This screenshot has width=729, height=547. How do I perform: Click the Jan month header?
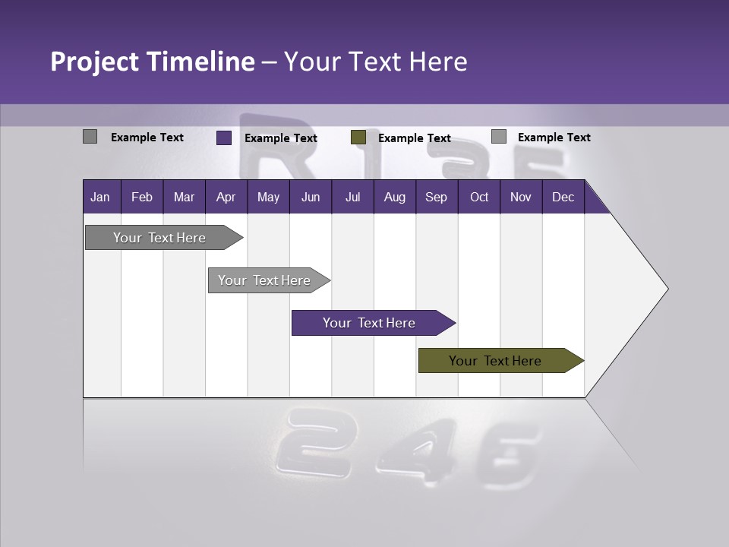[x=100, y=197]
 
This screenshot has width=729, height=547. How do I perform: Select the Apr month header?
[x=226, y=197]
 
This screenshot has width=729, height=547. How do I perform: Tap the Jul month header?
[x=352, y=197]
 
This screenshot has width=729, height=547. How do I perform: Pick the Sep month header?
[x=436, y=197]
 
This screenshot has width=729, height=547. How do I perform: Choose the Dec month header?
[x=563, y=197]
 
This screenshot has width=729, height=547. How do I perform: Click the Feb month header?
[x=142, y=197]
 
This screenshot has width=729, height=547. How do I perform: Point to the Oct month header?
[x=479, y=197]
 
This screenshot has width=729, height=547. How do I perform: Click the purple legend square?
[x=224, y=138]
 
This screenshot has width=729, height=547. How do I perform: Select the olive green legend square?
[x=358, y=138]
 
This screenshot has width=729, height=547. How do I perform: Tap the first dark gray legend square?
[x=90, y=137]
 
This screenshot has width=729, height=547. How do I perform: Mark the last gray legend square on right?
[x=499, y=137]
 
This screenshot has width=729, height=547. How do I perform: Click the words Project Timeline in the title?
[x=152, y=62]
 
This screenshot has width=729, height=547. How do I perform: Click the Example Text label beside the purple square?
[x=281, y=138]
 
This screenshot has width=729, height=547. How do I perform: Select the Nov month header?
[x=521, y=197]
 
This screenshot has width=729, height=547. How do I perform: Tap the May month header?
[x=268, y=197]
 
